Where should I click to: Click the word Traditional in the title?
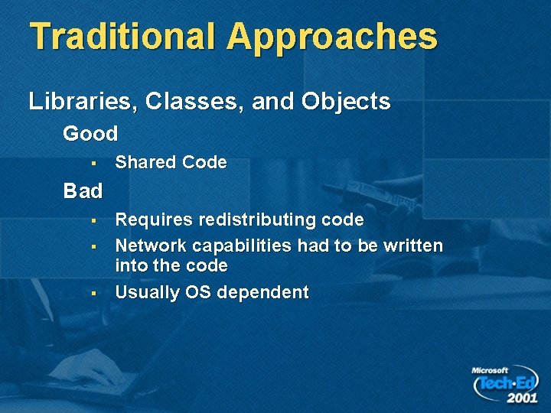pos(122,36)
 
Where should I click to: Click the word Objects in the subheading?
pos(345,101)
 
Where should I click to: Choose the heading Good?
pos(90,134)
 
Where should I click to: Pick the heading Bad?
pos(83,190)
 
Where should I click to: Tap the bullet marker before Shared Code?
pos(90,163)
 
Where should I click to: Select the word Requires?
pos(154,220)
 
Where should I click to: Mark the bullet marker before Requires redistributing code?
pos(90,221)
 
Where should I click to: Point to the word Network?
pos(151,246)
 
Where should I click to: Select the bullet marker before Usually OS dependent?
pos(90,293)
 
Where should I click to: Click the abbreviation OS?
pos(203,292)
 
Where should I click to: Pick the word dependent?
pos(264,293)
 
